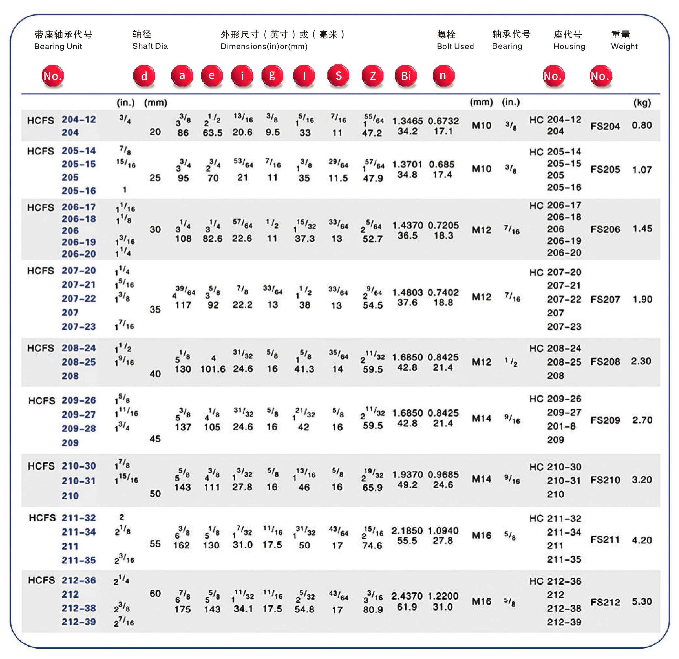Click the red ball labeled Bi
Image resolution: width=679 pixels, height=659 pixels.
tap(405, 76)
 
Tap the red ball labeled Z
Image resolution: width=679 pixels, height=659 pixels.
tap(372, 76)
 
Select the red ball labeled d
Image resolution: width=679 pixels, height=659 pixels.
tap(144, 76)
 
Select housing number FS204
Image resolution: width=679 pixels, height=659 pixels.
tap(605, 126)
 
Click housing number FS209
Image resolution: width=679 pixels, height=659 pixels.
tap(605, 420)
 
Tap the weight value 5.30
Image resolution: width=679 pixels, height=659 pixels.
tap(642, 601)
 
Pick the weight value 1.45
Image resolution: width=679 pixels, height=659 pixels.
tap(642, 229)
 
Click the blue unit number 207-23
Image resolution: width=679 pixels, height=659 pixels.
tap(79, 326)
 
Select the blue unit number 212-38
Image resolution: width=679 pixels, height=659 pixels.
tap(79, 608)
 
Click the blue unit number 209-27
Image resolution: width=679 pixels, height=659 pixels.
tap(79, 414)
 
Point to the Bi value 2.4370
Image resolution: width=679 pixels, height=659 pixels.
tap(408, 596)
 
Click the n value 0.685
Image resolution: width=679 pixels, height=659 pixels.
tap(441, 164)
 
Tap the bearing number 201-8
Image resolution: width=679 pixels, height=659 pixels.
tap(561, 426)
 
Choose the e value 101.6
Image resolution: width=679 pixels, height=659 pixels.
tap(213, 369)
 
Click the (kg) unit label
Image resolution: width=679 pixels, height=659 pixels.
tap(642, 102)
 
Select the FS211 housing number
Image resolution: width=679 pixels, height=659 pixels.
tap(605, 539)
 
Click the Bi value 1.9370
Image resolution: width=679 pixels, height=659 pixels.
tap(408, 474)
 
